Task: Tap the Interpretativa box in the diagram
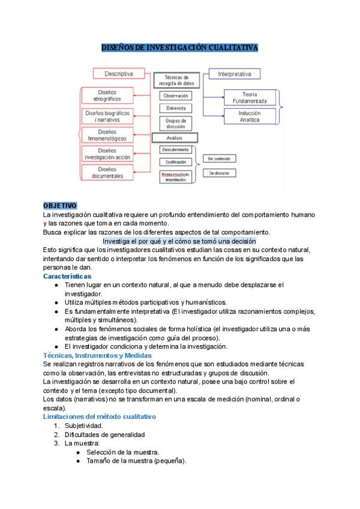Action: [234, 74]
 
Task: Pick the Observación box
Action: [176, 95]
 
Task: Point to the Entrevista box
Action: [176, 109]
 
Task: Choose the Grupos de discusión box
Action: [176, 124]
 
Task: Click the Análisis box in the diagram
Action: [176, 138]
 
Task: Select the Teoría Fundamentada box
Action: [250, 97]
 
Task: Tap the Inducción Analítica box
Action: [250, 116]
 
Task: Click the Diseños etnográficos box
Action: [107, 95]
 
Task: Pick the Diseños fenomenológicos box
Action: [107, 135]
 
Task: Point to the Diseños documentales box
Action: [107, 173]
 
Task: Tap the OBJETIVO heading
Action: [59, 206]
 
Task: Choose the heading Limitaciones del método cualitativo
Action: [99, 417]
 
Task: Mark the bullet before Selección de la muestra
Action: [78, 452]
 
